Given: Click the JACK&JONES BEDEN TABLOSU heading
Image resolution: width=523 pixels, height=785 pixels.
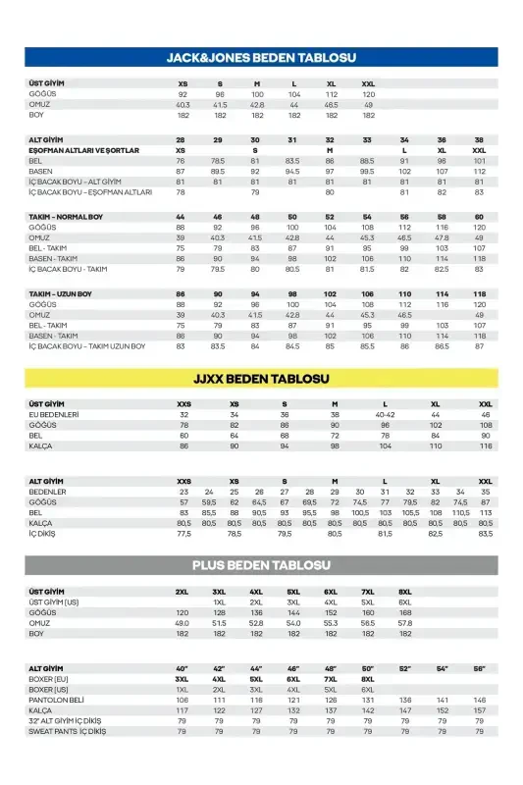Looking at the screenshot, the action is tap(261, 58).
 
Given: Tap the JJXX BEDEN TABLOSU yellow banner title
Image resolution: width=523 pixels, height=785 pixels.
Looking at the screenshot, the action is tap(261, 379).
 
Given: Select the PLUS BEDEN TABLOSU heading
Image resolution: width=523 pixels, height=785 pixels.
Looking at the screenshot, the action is tap(261, 566).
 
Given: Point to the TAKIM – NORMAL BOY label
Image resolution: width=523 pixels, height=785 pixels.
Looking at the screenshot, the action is tap(66, 216).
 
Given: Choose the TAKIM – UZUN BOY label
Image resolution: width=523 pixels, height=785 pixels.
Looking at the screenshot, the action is tap(61, 294).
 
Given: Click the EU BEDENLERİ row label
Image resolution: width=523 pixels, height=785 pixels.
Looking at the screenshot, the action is tap(54, 414).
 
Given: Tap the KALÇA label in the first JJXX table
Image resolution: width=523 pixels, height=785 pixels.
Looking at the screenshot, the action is tap(40, 445).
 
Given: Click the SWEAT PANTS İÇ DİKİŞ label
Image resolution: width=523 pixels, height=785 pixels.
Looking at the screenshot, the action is tap(68, 731).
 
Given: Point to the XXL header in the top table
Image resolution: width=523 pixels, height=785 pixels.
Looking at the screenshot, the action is tap(368, 84).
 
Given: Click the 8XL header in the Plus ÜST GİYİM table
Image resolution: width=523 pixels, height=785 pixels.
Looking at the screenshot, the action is tap(404, 592).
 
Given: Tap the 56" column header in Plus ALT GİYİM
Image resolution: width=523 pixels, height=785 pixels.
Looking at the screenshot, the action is tap(479, 668).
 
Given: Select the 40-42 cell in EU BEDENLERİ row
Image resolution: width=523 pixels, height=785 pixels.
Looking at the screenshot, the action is tap(385, 414).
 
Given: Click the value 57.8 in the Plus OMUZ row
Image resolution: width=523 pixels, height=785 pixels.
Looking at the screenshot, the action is tap(404, 623).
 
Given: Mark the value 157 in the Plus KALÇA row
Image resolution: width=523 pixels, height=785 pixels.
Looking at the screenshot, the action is tap(479, 709).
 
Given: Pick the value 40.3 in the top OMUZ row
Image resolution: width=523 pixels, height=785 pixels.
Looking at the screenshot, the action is tap(183, 104).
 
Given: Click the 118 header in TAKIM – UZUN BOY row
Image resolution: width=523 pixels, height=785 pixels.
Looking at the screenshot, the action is tap(479, 294).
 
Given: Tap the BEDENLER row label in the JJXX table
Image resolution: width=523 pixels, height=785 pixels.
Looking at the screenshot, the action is tap(48, 491).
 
